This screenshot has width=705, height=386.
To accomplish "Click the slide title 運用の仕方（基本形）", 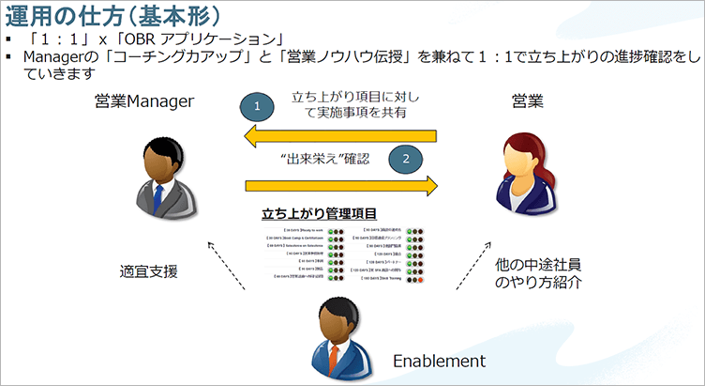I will pos(112,17).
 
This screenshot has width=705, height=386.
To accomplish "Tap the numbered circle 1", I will pos(257,106).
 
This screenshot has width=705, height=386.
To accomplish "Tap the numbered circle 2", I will pos(406,159).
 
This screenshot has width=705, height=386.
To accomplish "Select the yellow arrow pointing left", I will pos(341,139).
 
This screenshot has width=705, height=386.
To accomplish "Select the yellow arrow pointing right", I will pos(341,186).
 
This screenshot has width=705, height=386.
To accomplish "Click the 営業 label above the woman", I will pos(525,100).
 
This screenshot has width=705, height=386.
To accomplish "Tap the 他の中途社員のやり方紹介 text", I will pos(535,273).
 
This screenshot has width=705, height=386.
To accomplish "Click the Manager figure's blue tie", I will pos(157,194).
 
